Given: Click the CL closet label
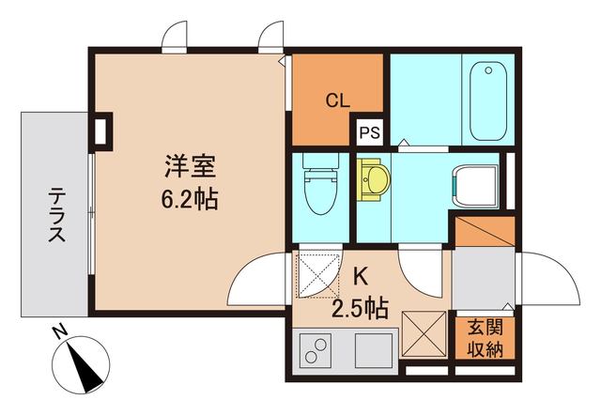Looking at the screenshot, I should [339, 99].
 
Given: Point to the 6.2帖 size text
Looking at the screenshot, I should [191, 199].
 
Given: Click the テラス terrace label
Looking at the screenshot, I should [56, 217].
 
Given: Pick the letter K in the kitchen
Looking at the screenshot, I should [361, 276].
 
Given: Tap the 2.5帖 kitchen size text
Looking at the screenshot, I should [360, 307].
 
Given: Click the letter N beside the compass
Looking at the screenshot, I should [59, 331].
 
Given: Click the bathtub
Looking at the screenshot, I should [485, 99].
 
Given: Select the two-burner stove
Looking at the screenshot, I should [317, 353].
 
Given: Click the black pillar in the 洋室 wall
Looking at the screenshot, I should [100, 130].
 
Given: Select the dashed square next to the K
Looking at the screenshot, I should [319, 274].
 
